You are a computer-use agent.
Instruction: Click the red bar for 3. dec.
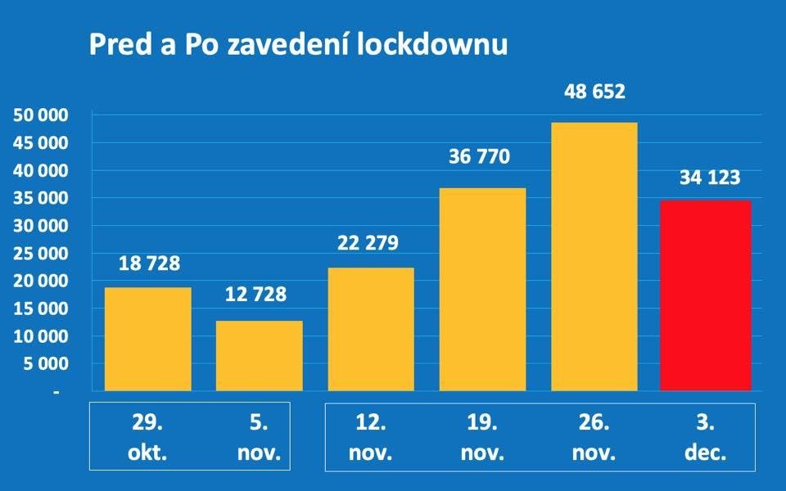pos(705,295)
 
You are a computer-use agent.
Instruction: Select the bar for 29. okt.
pos(148,339)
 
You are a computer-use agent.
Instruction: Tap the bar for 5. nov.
pos(260,355)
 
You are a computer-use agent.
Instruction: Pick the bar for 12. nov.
pos(371,329)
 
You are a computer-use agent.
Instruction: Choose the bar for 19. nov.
pos(482,289)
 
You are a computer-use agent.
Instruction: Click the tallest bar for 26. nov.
pos(594,256)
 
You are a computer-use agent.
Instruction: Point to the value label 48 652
pos(594,91)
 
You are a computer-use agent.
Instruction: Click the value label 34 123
pos(705,178)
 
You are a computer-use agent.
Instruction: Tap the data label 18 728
pos(148,264)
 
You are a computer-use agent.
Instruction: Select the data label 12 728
pos(260,295)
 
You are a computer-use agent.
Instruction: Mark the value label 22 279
pos(371,243)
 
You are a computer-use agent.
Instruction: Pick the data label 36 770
pos(482,156)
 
